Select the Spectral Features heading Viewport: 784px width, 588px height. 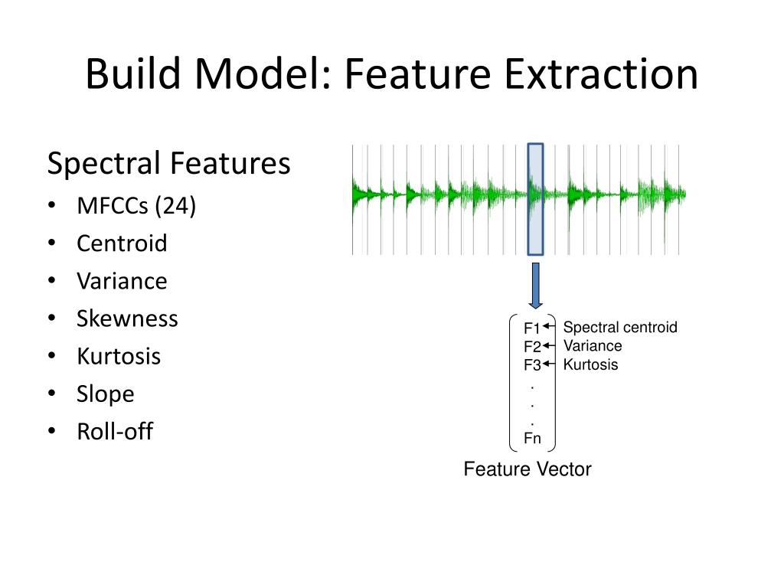click(x=169, y=164)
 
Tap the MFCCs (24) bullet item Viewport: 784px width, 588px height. click(x=136, y=206)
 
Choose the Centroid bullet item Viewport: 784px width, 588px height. click(x=122, y=243)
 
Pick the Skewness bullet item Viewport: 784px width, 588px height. click(x=127, y=318)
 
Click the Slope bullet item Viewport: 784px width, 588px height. click(x=105, y=394)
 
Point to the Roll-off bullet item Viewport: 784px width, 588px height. click(x=115, y=431)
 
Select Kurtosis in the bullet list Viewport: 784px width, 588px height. click(x=119, y=356)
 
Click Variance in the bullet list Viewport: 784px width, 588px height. click(x=122, y=281)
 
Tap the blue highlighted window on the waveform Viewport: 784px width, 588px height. click(x=536, y=199)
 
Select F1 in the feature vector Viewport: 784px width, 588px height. click(x=532, y=329)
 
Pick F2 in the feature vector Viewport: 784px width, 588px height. click(x=532, y=348)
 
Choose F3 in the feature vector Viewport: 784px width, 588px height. click(x=532, y=365)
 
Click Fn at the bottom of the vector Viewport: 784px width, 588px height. click(x=532, y=439)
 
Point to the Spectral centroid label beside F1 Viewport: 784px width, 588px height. click(x=620, y=328)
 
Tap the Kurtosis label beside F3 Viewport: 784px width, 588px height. click(x=590, y=364)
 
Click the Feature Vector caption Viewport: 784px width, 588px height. click(x=528, y=469)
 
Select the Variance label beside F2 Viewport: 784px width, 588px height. click(x=593, y=346)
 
